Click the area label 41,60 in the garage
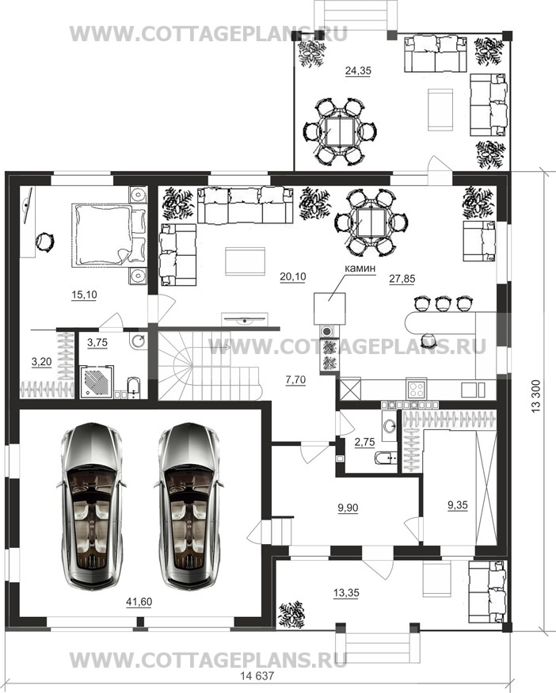139,601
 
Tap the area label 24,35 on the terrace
358,70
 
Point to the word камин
360,268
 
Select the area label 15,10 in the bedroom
84,295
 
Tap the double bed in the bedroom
109,234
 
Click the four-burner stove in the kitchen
417,389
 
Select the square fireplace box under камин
329,308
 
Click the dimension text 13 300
536,396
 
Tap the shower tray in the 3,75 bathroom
96,382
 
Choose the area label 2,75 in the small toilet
364,442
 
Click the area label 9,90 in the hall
348,508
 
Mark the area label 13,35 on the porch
346,592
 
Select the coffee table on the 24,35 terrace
440,109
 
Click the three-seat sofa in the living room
246,205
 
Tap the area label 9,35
458,505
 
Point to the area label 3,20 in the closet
41,362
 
